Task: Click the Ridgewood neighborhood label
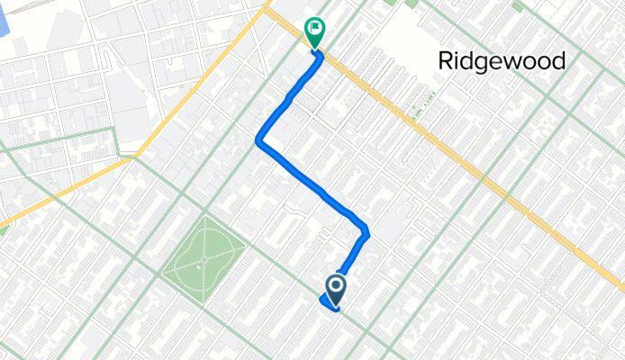tap(502, 60)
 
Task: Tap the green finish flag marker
tap(315, 33)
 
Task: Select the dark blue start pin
tap(336, 289)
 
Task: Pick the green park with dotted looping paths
tap(204, 257)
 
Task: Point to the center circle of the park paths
tap(204, 257)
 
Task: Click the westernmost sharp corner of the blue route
tap(258, 140)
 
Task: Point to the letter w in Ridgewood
tap(514, 62)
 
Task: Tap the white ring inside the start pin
tap(336, 286)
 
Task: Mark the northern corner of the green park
tap(213, 217)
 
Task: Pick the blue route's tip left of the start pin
tap(322, 301)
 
